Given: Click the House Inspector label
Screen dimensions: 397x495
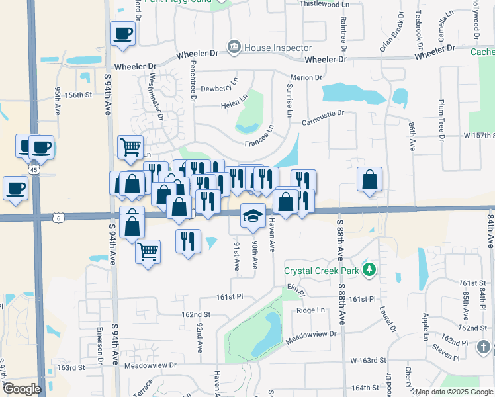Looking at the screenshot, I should coord(277,48).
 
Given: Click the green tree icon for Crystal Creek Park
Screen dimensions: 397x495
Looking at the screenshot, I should coord(369,269).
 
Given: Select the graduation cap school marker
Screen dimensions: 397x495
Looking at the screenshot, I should coord(252,216).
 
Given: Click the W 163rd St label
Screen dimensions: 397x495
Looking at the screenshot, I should coord(368,360).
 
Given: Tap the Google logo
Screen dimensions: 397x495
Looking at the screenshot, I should coord(22,389).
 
